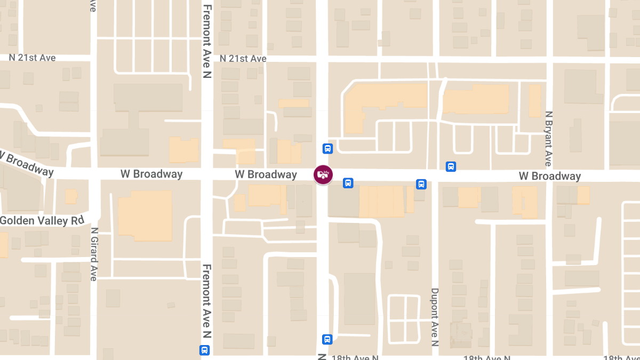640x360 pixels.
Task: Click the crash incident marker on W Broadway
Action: (323, 174)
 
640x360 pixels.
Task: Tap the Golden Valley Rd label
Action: (42, 220)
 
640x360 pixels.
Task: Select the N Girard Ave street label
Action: (94, 254)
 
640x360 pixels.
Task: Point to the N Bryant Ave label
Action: (548, 139)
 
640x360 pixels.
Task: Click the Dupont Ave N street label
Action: (435, 317)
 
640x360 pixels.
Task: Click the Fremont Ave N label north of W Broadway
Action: (207, 42)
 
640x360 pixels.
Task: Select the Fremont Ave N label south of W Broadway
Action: (207, 301)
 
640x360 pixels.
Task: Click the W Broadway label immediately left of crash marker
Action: (266, 174)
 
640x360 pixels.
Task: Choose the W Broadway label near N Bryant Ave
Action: (550, 176)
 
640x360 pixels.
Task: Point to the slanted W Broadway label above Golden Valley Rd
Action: (27, 163)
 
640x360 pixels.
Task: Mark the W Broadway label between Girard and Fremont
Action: (151, 174)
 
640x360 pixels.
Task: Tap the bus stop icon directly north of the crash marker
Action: (327, 148)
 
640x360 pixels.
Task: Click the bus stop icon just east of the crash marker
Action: (348, 183)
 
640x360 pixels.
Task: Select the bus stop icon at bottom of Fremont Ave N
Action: (204, 350)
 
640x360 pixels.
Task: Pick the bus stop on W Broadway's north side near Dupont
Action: (451, 166)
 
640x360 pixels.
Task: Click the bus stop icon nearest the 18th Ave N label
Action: (327, 339)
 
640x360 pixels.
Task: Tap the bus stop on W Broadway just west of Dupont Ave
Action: (421, 185)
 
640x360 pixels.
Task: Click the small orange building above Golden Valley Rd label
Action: (71, 196)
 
